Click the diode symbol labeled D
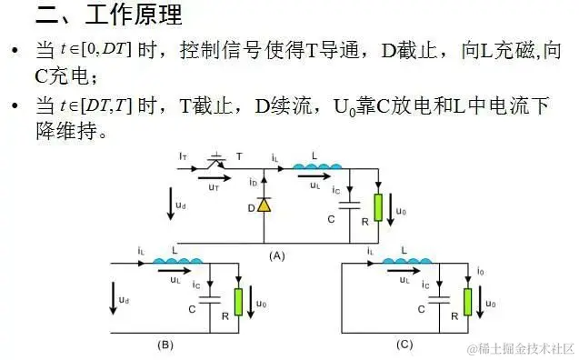(264, 205)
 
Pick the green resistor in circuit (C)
(467, 300)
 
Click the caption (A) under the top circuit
(277, 256)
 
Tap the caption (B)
(165, 345)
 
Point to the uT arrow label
(214, 182)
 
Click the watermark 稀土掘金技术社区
(522, 349)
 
